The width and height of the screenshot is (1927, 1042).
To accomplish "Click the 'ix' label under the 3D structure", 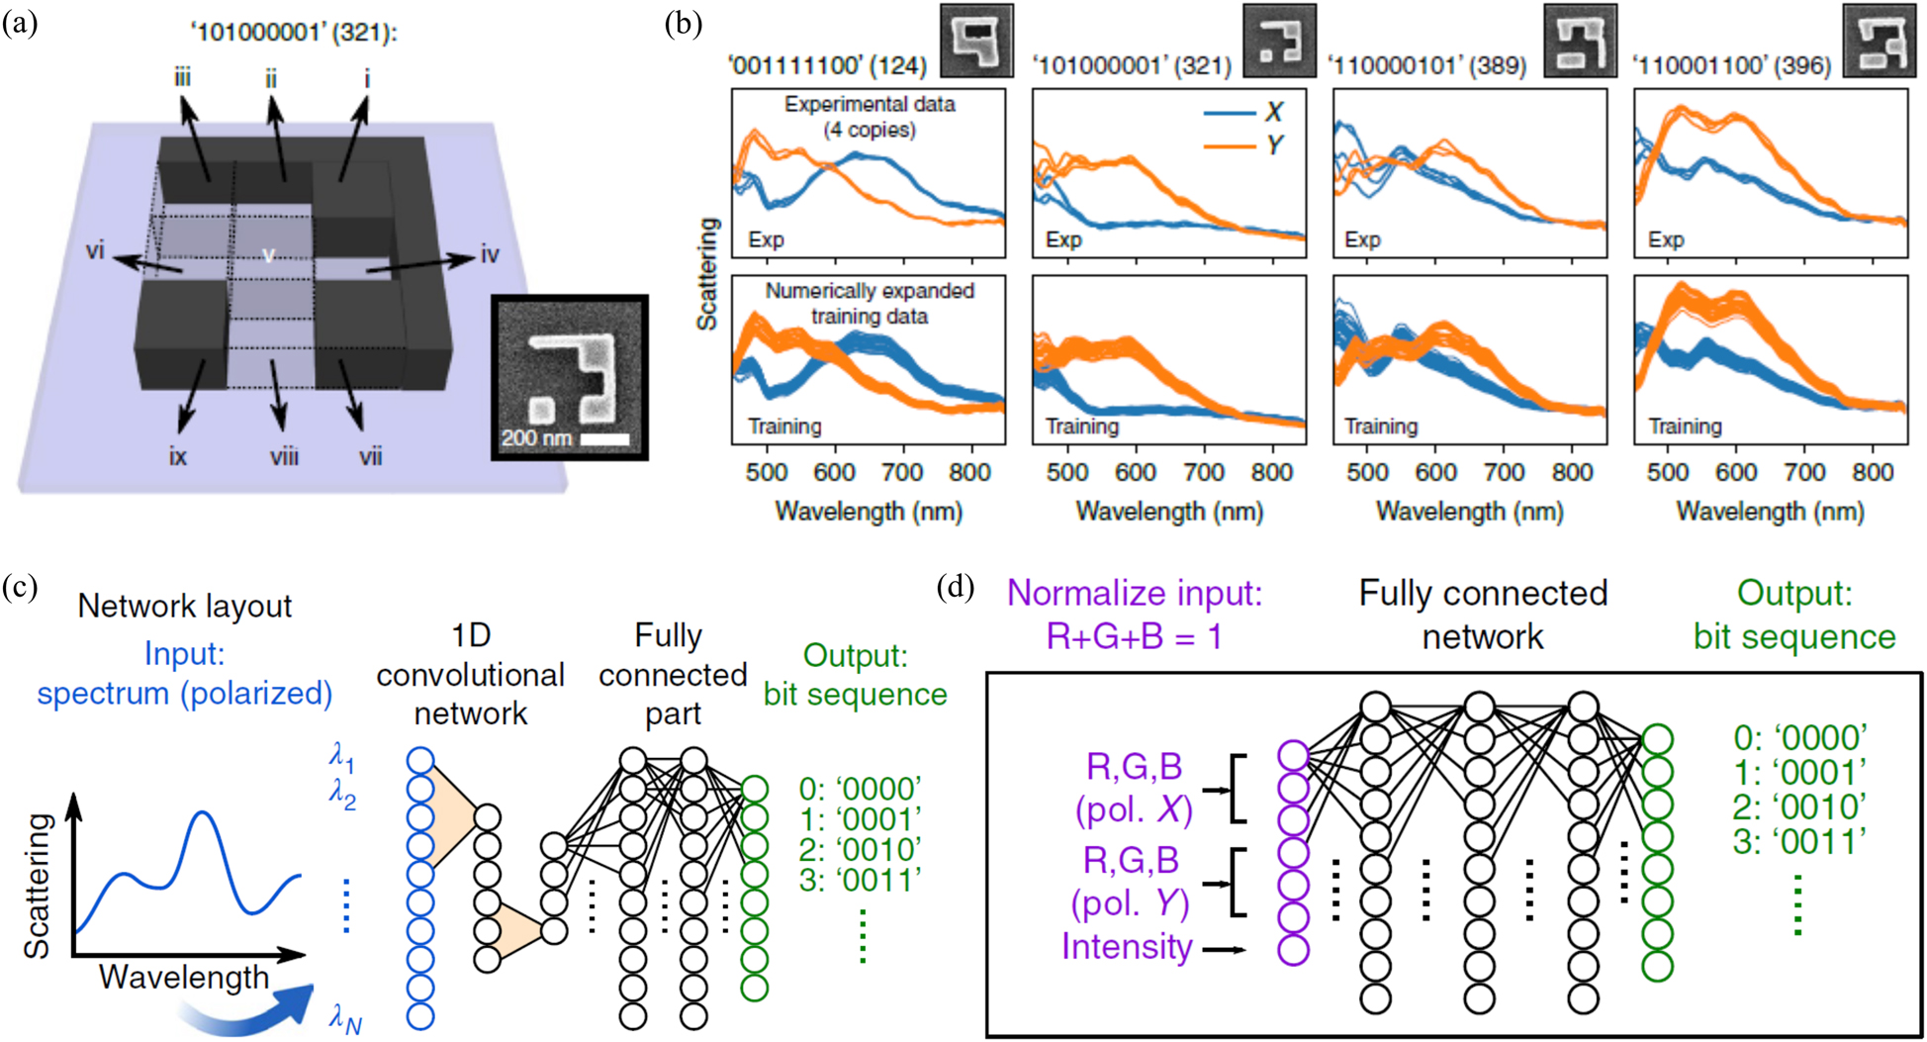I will [x=178, y=457].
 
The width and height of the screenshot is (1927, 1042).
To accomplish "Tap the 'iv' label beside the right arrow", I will [x=490, y=255].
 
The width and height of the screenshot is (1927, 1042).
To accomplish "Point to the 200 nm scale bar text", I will [x=536, y=437].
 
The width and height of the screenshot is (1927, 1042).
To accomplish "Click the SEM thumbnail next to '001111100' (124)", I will [x=976, y=41].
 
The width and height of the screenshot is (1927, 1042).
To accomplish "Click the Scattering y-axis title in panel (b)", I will [x=706, y=273].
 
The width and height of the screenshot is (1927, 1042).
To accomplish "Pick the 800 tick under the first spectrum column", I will [x=969, y=473].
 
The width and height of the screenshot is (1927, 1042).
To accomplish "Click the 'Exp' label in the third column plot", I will [x=1362, y=239].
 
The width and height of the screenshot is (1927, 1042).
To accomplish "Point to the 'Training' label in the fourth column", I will [x=1685, y=426].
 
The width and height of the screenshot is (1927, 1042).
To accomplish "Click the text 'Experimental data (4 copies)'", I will [x=870, y=117].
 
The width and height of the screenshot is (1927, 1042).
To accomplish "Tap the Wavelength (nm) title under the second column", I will [x=1169, y=512].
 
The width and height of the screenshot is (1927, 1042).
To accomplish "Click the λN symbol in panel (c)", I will [x=345, y=1019].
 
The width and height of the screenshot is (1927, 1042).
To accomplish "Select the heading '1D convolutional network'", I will [x=470, y=675].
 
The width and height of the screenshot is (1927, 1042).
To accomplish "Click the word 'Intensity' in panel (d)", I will [x=1127, y=947].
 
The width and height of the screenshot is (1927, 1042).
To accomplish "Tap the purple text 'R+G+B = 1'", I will [x=1134, y=636].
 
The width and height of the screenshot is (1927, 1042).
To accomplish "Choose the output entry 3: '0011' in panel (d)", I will [x=1799, y=842].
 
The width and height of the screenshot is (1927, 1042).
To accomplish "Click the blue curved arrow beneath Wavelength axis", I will [x=252, y=1011].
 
